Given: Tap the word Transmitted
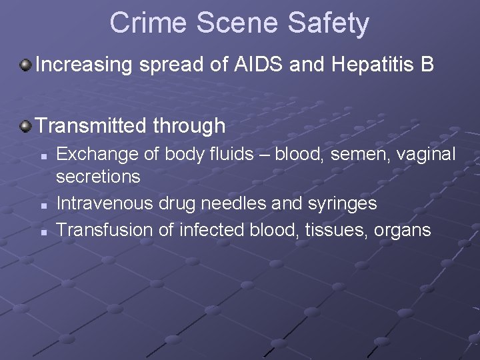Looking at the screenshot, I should pyautogui.click(x=91, y=125).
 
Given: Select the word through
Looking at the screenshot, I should pyautogui.click(x=189, y=126).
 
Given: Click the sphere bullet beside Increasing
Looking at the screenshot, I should pyautogui.click(x=25, y=65).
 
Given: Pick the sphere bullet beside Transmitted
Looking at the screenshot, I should pyautogui.click(x=25, y=125).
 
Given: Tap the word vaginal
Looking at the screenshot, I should pyautogui.click(x=427, y=155).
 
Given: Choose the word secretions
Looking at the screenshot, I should pyautogui.click(x=98, y=177).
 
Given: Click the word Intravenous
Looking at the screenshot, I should pyautogui.click(x=105, y=203).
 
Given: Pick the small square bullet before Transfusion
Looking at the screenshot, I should pyautogui.click(x=43, y=232).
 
